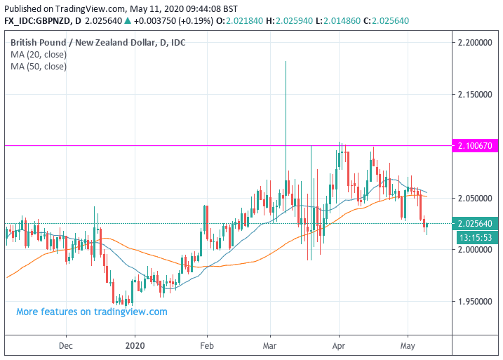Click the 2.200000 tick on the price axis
click(x=474, y=44)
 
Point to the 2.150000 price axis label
click(x=474, y=94)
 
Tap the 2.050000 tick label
click(x=474, y=199)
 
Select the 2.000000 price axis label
click(x=474, y=250)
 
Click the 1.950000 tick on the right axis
click(x=474, y=302)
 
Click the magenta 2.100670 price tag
click(x=474, y=145)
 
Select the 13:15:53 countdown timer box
click(x=474, y=237)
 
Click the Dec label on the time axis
click(x=66, y=345)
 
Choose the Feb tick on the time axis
click(x=206, y=345)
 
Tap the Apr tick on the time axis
click(x=339, y=345)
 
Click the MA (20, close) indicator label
click(x=39, y=55)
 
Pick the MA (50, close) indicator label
click(x=39, y=67)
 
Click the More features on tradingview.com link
click(x=92, y=312)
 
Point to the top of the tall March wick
click(x=286, y=62)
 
